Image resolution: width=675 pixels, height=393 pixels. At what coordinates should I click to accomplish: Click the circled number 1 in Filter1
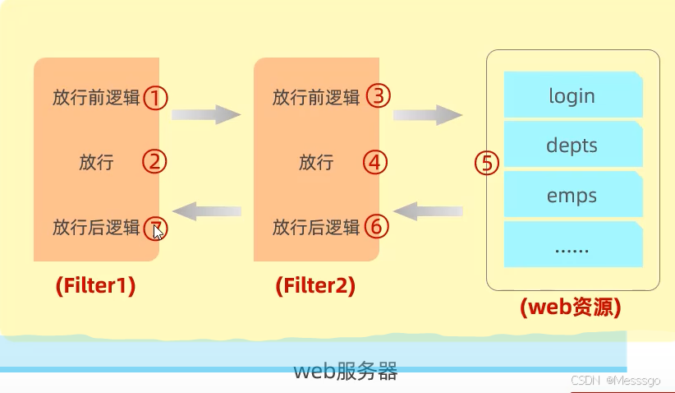click(156, 98)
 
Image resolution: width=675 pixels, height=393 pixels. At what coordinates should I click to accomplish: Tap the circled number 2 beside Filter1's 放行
click(155, 161)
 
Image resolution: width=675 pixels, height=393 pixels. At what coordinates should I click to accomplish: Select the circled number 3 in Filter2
click(378, 96)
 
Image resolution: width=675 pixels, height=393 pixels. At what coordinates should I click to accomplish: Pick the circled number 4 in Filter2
click(375, 161)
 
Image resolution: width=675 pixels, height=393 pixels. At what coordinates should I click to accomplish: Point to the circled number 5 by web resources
click(487, 162)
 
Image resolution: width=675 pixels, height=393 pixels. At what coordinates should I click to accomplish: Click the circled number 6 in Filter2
click(375, 225)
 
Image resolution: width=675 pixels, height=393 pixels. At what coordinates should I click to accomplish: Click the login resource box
click(572, 95)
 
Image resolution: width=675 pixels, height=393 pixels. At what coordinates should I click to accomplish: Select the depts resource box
click(572, 146)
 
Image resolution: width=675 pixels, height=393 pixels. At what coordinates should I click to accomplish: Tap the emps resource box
click(572, 196)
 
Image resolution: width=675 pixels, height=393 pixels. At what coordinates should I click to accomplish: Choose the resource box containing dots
click(572, 245)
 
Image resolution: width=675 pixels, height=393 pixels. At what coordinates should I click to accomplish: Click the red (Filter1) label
click(95, 285)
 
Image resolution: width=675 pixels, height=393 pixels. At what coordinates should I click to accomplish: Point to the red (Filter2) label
click(315, 285)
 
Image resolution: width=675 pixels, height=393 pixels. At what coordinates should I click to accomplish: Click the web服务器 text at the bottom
click(346, 371)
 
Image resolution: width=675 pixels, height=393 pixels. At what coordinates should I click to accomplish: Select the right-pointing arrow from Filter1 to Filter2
click(205, 114)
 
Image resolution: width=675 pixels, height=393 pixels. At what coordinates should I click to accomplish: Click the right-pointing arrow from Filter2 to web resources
click(427, 114)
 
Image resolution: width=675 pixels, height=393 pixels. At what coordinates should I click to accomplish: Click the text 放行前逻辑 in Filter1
click(96, 98)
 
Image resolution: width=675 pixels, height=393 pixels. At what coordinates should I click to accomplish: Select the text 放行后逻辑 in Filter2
click(316, 226)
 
